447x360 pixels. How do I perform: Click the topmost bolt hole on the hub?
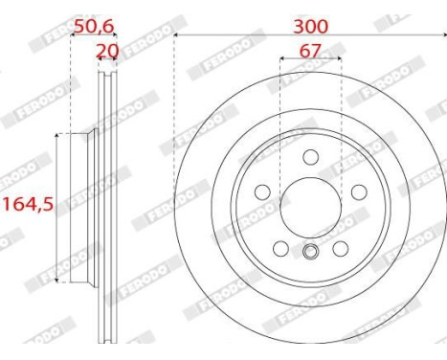[x=310, y=157]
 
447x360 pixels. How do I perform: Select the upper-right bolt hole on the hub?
[x=358, y=191]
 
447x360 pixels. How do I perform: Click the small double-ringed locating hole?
[x=310, y=254]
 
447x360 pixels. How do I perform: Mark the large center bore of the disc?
[x=310, y=207]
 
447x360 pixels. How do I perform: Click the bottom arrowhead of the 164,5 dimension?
[x=58, y=280]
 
